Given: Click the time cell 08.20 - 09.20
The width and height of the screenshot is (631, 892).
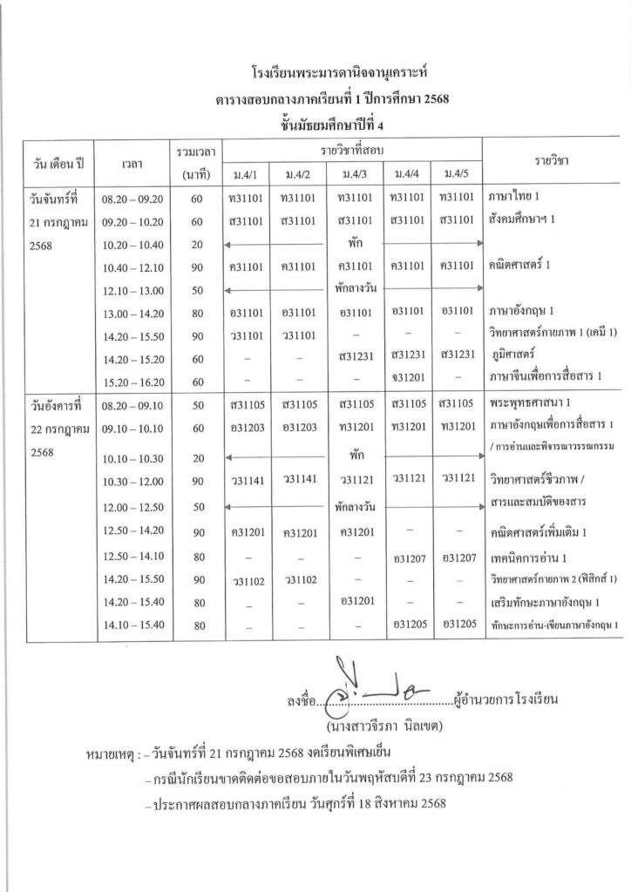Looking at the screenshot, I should click(x=132, y=198).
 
